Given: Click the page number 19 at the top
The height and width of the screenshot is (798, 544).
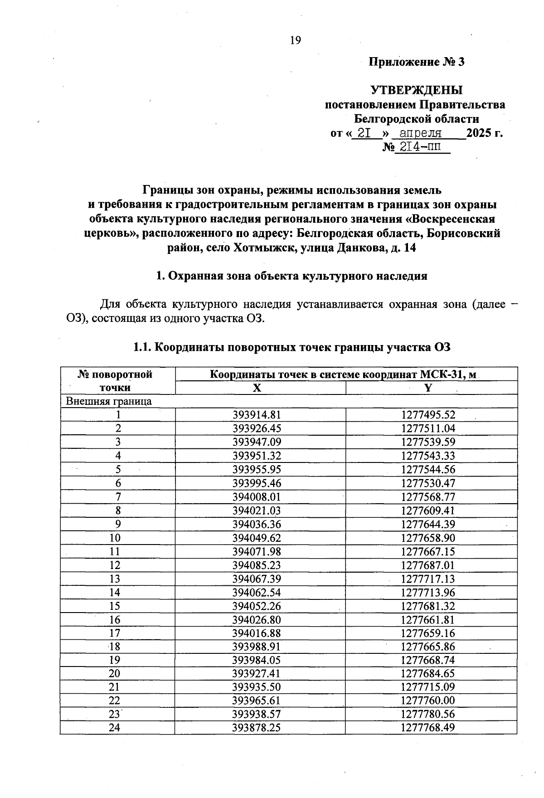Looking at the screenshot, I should [x=295, y=40].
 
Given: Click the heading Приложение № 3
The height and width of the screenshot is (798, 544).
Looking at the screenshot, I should [x=417, y=62].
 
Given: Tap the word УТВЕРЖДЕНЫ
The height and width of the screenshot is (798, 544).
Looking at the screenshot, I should [x=417, y=90].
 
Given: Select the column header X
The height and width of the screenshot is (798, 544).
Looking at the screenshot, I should [x=257, y=388].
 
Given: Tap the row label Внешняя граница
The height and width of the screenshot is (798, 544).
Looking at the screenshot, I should [x=109, y=401].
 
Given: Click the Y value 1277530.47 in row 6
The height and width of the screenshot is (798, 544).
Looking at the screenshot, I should [x=428, y=483].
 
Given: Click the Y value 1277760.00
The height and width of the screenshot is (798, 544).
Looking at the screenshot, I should [x=428, y=701].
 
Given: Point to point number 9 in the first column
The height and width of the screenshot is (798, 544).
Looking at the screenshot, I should [x=118, y=524].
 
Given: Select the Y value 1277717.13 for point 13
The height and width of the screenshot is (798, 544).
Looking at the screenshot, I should [x=428, y=579].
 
